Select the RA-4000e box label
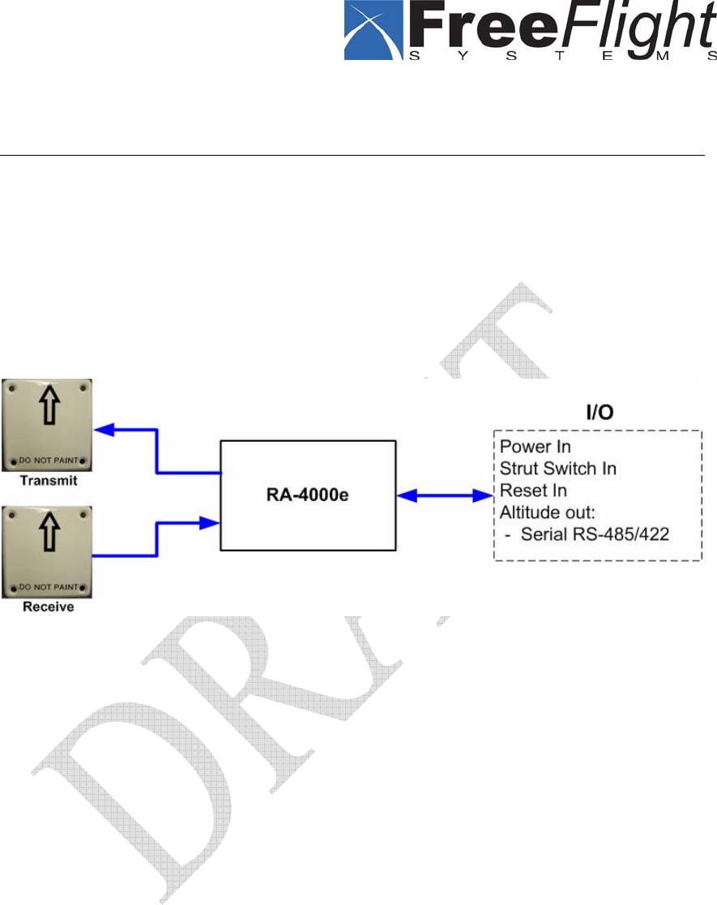[x=308, y=495]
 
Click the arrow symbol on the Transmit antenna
[x=46, y=410]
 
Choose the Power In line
[x=536, y=446]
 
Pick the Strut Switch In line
[x=560, y=468]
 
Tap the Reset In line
[x=533, y=490]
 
